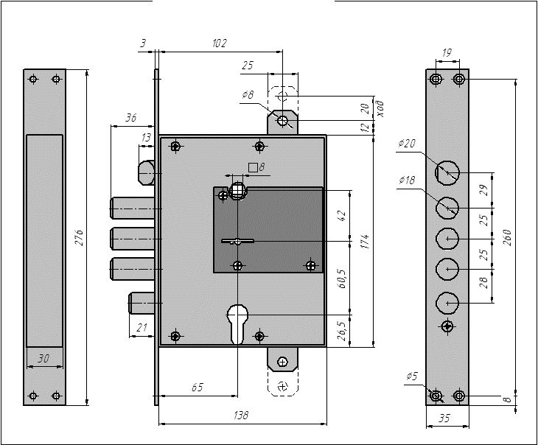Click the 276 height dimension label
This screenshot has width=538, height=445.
80,237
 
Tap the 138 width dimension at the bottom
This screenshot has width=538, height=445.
240,415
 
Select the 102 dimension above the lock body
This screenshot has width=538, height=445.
220,43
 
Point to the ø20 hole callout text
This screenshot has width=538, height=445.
407,143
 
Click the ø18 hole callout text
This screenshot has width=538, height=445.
407,180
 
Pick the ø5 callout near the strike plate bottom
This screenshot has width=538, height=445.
412,376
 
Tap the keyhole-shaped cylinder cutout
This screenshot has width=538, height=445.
237,323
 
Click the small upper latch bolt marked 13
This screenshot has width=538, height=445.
147,172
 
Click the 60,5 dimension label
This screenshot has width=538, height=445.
342,278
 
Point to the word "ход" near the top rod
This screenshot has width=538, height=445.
380,108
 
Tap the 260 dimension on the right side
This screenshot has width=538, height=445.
507,237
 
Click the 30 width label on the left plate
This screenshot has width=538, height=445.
43,359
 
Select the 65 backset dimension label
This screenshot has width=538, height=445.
197,388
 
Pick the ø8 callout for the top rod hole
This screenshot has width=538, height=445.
248,94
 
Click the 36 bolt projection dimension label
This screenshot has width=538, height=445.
130,118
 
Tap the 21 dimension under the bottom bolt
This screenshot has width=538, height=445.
142,328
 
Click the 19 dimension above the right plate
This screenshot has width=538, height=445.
447,53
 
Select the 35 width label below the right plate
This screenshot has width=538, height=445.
444,418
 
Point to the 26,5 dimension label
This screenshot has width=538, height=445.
342,331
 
